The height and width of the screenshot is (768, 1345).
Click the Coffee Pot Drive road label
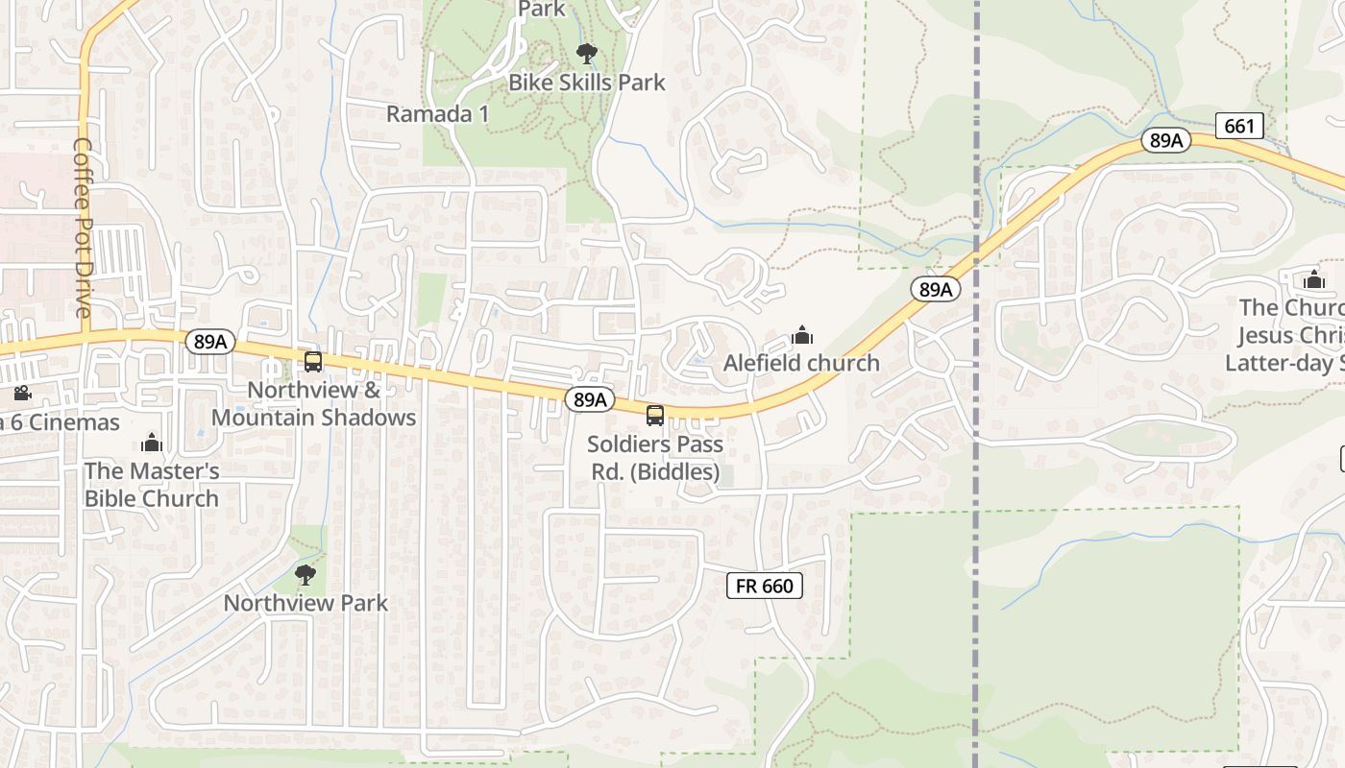point(82,228)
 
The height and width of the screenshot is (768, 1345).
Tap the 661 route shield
point(1238,125)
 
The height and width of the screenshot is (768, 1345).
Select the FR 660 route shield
point(764,585)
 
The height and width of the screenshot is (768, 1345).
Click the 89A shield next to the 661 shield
point(1166,140)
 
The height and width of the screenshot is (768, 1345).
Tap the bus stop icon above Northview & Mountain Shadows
point(312,362)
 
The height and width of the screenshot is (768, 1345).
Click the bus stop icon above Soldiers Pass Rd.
point(654,416)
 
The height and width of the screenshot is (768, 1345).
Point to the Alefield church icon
point(801,335)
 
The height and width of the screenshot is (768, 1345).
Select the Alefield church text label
point(801,363)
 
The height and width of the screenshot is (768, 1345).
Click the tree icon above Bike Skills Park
point(586,54)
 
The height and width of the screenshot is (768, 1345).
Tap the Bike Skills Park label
point(586,83)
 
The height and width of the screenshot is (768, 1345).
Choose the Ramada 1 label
point(437,114)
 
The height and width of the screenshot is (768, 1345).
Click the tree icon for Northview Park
point(306,575)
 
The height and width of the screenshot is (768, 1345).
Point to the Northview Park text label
point(306,603)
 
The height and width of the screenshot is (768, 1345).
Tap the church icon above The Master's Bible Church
point(152,443)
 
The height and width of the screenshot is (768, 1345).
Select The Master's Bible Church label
point(152,485)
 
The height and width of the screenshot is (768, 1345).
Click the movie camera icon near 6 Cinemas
point(21,394)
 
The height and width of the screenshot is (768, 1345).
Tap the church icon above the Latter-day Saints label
point(1313,279)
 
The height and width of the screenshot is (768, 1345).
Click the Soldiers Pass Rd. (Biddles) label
point(654,458)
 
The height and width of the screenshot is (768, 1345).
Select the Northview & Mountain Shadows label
point(313,403)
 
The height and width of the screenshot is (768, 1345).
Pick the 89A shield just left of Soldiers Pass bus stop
point(589,399)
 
